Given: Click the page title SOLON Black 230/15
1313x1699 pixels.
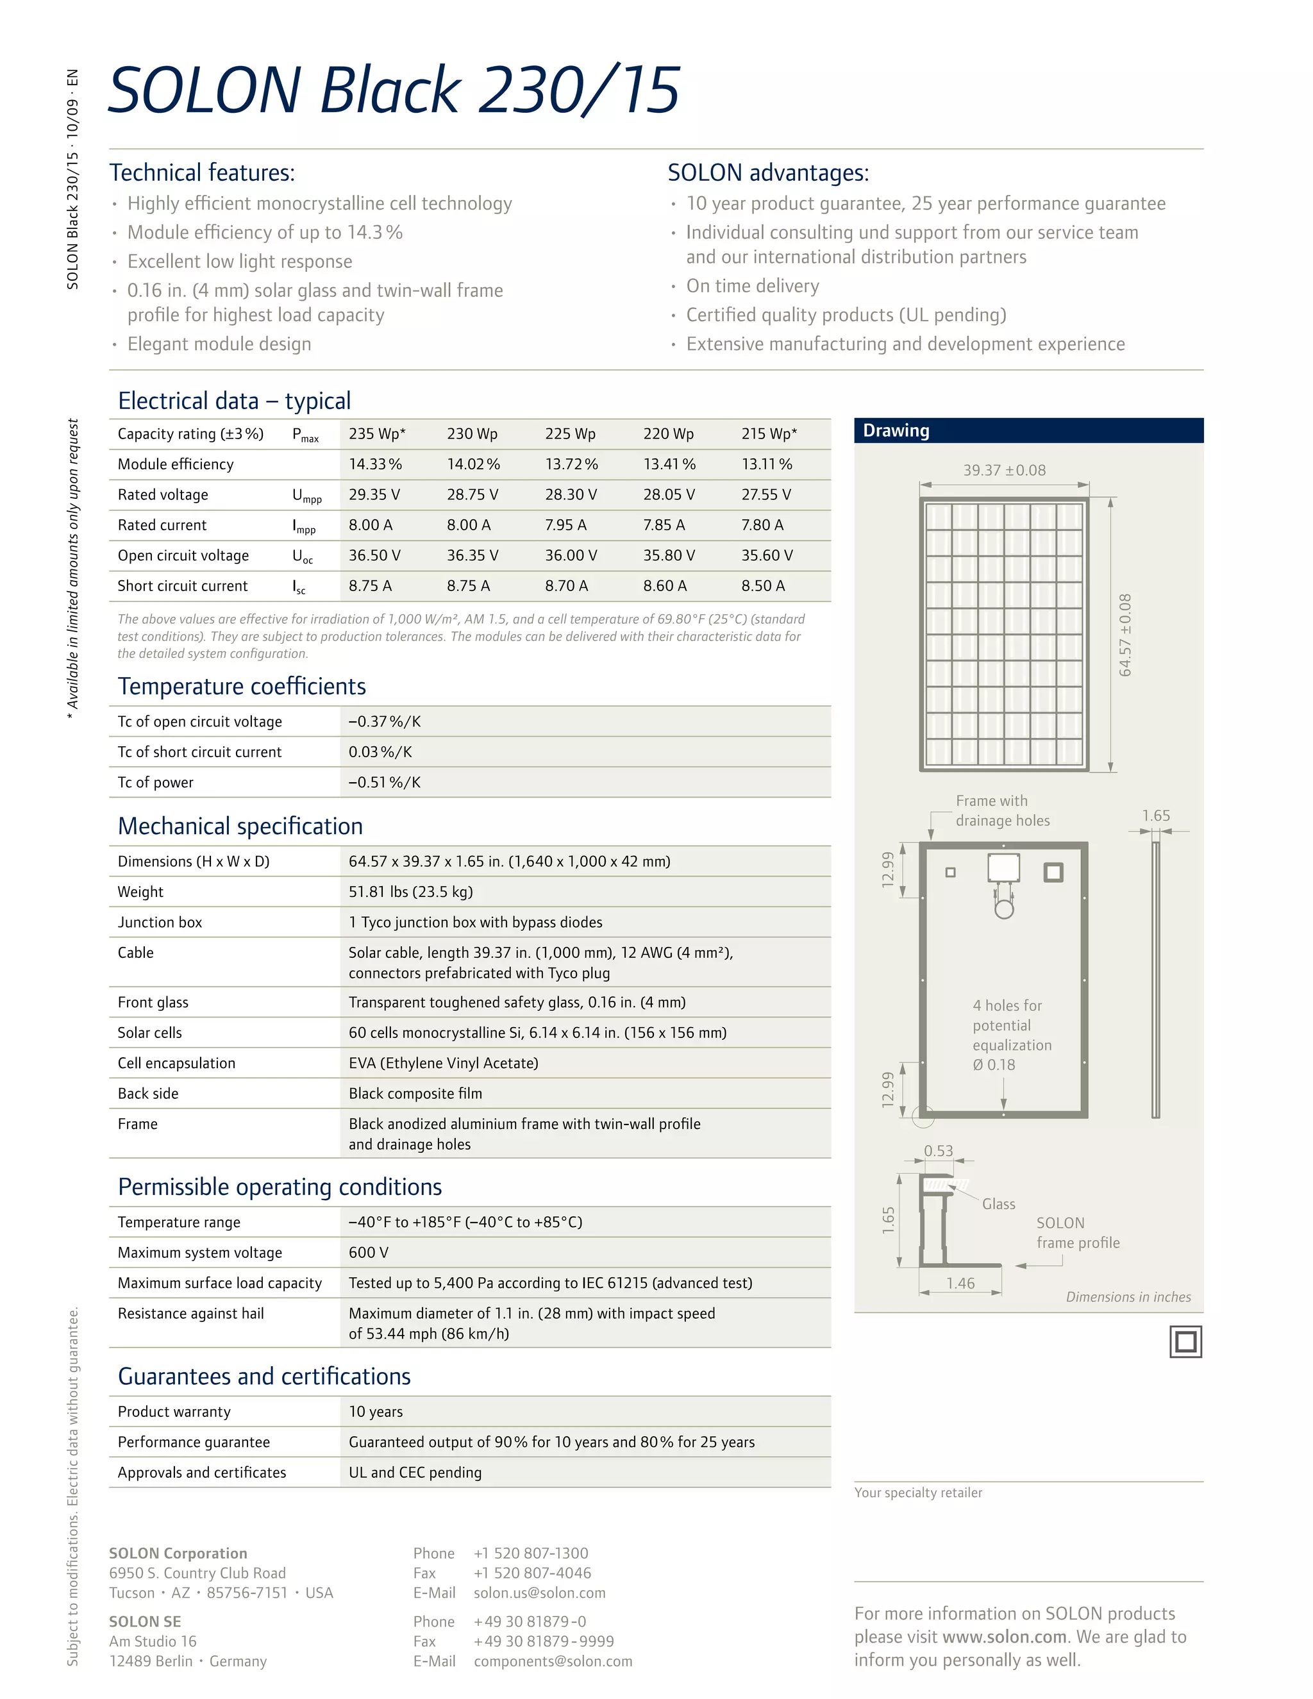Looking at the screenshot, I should click(x=394, y=90).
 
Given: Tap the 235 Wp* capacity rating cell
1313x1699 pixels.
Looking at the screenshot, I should click(x=377, y=434).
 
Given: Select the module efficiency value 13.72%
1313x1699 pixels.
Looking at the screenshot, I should click(x=571, y=464).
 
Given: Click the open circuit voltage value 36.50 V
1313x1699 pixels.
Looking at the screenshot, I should click(x=374, y=555).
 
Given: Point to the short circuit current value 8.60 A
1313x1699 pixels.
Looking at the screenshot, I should click(x=664, y=586).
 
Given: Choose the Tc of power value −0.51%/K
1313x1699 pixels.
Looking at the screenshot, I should click(x=384, y=783).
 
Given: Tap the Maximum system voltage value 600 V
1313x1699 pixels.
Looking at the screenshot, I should click(x=368, y=1253).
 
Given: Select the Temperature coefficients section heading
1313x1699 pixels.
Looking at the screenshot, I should click(x=241, y=686).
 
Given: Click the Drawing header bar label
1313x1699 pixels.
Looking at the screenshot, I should click(x=896, y=431).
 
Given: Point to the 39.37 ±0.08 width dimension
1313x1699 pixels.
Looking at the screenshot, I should click(x=1004, y=471).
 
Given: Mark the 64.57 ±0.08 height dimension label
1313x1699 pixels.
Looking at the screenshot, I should click(x=1125, y=635).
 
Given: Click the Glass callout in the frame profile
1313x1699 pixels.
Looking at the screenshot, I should click(x=998, y=1204).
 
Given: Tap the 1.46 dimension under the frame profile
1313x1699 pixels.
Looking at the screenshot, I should click(x=960, y=1284).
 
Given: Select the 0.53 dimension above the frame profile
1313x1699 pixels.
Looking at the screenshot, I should click(x=938, y=1151).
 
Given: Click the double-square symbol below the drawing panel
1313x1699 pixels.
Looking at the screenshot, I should click(x=1185, y=1342).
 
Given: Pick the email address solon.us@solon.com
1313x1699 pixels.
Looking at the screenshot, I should click(x=539, y=1593).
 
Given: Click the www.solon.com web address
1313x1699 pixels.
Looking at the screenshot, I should click(x=1004, y=1637).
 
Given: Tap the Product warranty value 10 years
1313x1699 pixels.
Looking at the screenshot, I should click(x=376, y=1412).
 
